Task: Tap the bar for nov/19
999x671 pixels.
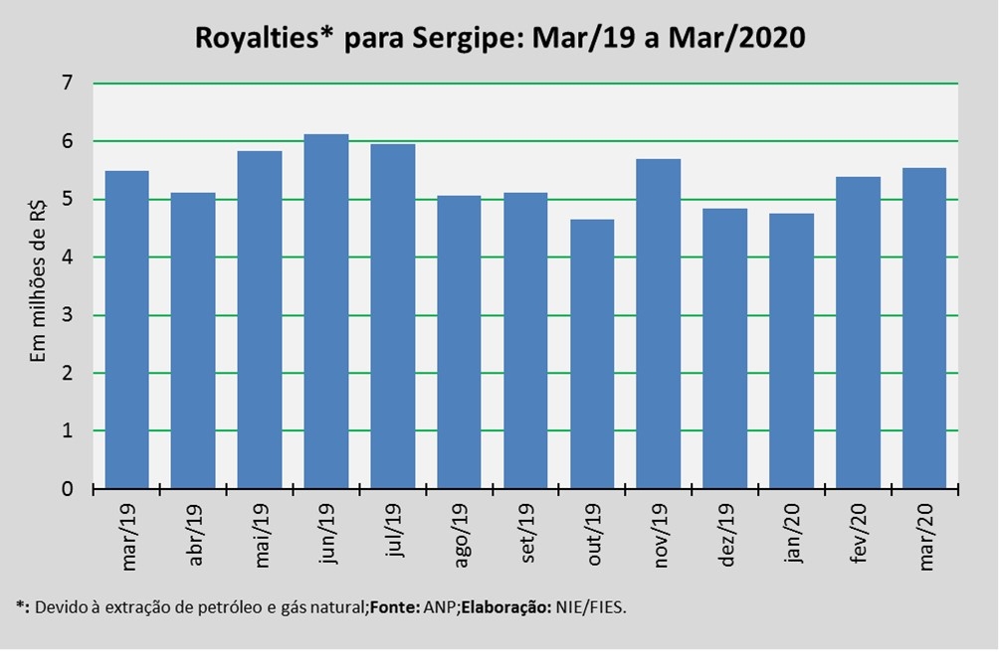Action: coord(659,324)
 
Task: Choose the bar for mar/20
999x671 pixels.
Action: coord(924,328)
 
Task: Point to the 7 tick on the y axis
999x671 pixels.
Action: coord(68,84)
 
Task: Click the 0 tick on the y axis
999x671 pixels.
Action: coord(68,489)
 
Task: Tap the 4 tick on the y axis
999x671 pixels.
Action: coord(68,257)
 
